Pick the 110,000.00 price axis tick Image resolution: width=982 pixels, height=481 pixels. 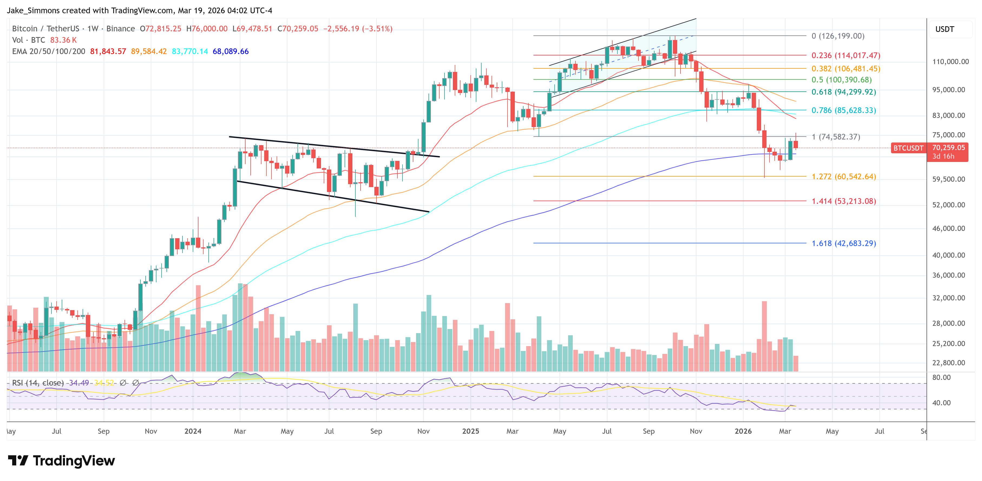(x=950, y=62)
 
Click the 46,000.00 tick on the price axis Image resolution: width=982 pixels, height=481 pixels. (x=948, y=228)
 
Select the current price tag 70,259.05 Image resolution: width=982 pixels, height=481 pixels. (x=948, y=148)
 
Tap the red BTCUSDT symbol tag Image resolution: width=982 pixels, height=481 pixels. (x=908, y=148)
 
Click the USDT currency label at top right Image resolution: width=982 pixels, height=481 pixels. (x=944, y=29)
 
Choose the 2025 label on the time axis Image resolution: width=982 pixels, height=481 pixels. (x=470, y=431)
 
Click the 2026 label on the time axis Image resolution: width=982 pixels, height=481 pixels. (x=743, y=431)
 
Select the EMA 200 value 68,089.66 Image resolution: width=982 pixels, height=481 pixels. (x=230, y=51)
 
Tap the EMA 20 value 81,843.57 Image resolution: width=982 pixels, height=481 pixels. (x=108, y=51)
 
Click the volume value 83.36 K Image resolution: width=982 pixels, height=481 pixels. (x=63, y=40)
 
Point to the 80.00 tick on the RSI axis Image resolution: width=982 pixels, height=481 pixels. (x=941, y=377)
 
